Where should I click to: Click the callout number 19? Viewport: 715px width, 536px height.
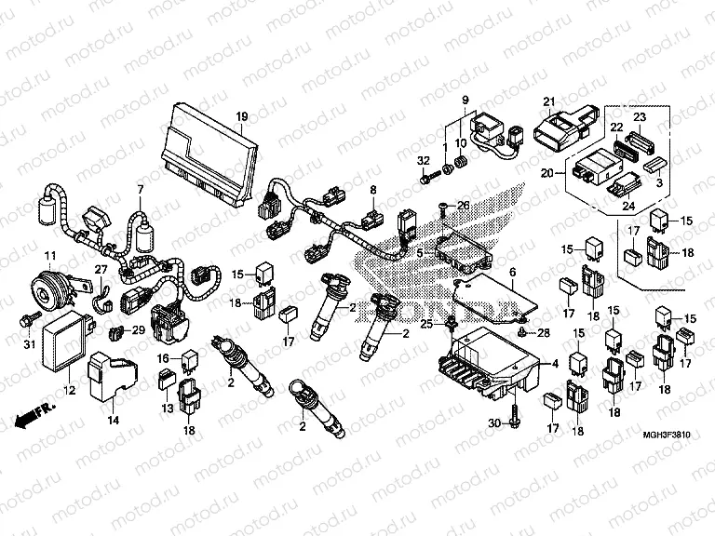(x=241, y=116)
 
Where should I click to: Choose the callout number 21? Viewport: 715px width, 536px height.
(x=549, y=101)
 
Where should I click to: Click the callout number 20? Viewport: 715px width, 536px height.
(x=547, y=172)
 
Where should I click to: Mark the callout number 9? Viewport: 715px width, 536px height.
(x=464, y=99)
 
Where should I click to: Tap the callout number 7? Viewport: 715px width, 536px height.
(x=141, y=191)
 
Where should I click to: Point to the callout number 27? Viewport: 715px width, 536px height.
(x=101, y=269)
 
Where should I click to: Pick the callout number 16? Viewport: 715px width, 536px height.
(x=162, y=358)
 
